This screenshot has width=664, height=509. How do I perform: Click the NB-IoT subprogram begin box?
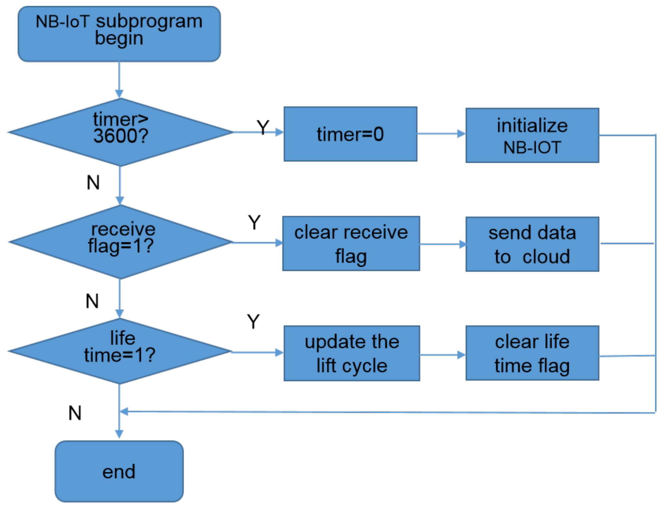[x=119, y=34]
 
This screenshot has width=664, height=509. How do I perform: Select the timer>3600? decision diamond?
[x=120, y=132]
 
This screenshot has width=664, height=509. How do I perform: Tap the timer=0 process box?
[x=350, y=134]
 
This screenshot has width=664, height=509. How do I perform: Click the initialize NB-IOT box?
[x=532, y=136]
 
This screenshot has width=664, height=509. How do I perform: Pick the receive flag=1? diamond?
[x=120, y=242]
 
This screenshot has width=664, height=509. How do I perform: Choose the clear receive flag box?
[x=351, y=244]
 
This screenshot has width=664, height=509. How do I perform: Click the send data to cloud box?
[x=532, y=244]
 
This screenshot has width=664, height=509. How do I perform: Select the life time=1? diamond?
[x=120, y=351]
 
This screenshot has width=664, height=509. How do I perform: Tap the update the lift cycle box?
[x=351, y=353]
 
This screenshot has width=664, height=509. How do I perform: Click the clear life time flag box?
[x=532, y=353]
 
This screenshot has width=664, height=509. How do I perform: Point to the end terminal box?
[x=119, y=472]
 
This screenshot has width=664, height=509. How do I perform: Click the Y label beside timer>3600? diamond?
[x=263, y=128]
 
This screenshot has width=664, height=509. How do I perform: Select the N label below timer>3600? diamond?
[x=93, y=183]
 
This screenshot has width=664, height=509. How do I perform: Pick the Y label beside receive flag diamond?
[x=254, y=223]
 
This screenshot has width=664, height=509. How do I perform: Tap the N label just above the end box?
[x=75, y=413]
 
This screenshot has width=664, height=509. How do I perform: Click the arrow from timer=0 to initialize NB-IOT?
[x=441, y=134]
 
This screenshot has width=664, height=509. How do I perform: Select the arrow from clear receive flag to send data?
[x=443, y=244]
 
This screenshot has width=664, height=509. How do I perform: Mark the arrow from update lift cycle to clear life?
[x=442, y=355]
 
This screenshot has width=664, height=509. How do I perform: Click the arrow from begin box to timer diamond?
[x=119, y=80]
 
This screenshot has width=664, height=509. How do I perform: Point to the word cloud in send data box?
[x=546, y=257]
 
